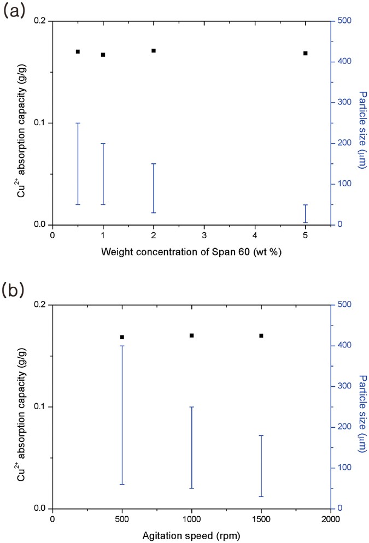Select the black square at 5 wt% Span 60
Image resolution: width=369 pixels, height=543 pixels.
click(306, 53)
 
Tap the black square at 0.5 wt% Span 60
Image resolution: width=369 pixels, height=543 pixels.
click(78, 51)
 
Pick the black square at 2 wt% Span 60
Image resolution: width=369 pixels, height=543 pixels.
click(154, 51)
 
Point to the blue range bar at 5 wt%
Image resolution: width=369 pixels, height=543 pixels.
click(306, 214)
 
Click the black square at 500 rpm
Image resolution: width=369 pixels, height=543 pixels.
click(122, 337)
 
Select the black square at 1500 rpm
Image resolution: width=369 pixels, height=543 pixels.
click(261, 335)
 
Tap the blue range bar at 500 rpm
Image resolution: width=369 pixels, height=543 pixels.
click(122, 415)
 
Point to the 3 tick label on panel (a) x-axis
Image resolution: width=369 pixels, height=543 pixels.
click(204, 235)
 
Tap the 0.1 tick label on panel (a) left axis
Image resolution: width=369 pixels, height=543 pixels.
click(40, 123)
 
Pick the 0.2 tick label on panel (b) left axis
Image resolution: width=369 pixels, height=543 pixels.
click(40, 305)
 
